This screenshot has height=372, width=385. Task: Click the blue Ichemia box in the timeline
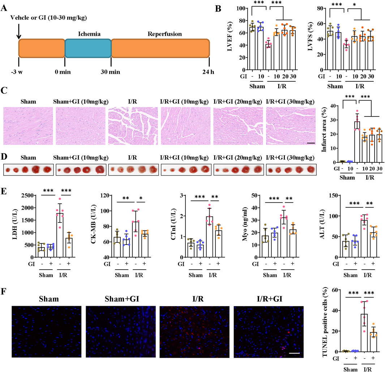88,48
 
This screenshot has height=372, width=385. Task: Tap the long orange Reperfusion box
160,48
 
